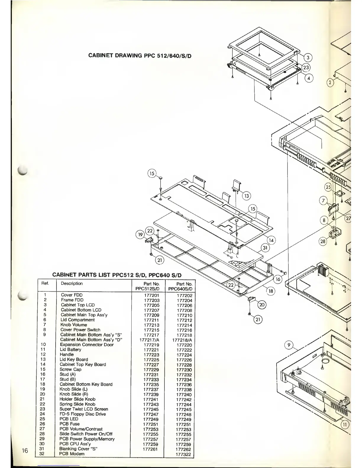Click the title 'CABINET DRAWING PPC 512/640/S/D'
pos(140,56)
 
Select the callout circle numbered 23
pos(306,68)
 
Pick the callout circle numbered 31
pos(265,248)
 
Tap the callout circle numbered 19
pos(140,235)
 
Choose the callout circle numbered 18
pos(271,291)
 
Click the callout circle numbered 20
pos(262,305)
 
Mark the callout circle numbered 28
pos(323,241)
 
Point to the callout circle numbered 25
pos(328,187)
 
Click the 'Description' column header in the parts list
pos(72,284)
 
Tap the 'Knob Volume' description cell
pos(74,325)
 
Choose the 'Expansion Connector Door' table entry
pos(87,345)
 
